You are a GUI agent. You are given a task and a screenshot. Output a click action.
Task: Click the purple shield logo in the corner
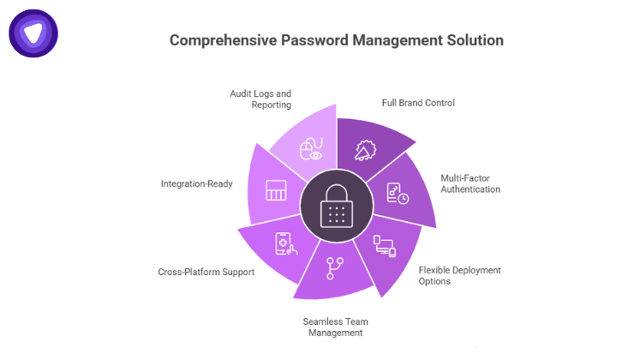point(33,33)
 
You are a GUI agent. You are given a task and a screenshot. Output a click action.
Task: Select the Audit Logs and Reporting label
point(260,99)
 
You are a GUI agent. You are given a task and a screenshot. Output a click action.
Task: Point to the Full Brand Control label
point(418,103)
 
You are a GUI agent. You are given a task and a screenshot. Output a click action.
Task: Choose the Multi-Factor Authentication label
point(470,183)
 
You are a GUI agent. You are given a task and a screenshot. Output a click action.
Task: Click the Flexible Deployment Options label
point(459,276)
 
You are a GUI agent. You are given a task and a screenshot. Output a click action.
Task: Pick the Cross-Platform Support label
point(206,272)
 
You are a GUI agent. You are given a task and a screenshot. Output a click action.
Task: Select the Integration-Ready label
point(196,183)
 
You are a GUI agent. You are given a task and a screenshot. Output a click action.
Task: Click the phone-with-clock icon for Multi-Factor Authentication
point(398,193)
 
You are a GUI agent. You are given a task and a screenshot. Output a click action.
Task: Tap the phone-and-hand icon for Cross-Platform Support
point(285,245)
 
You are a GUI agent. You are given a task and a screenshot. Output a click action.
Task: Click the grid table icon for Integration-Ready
point(275,191)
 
